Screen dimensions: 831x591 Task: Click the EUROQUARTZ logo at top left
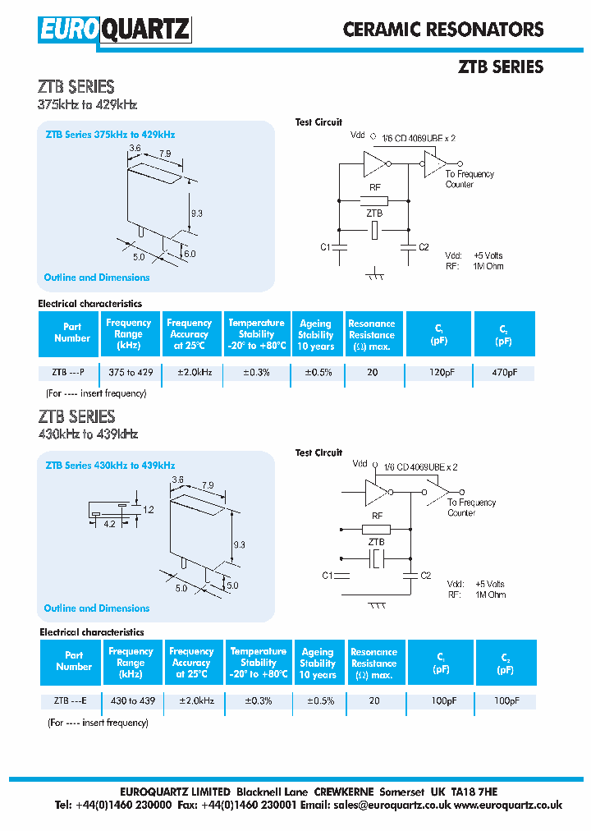[x=114, y=30]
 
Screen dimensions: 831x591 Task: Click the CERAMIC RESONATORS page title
[x=442, y=30]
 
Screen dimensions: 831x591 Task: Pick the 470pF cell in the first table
[x=504, y=373]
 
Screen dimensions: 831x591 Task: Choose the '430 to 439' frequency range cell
[x=132, y=700]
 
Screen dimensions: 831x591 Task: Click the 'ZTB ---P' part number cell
[x=68, y=373]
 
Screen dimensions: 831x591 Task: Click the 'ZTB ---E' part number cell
[x=70, y=700]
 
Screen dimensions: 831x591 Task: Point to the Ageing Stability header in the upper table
[x=316, y=335]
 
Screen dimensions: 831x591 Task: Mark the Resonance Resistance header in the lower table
[x=373, y=663]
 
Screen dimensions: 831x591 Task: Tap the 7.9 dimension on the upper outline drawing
[x=165, y=154]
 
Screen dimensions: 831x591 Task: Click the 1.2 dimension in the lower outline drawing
[x=148, y=509]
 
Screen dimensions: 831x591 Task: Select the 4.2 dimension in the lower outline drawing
[x=109, y=524]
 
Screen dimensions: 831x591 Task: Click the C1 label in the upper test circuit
[x=324, y=247]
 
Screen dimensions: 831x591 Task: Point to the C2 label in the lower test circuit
[x=425, y=576]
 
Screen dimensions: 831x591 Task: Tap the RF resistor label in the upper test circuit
[x=375, y=188]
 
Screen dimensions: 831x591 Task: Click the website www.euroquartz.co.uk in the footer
[x=508, y=806]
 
